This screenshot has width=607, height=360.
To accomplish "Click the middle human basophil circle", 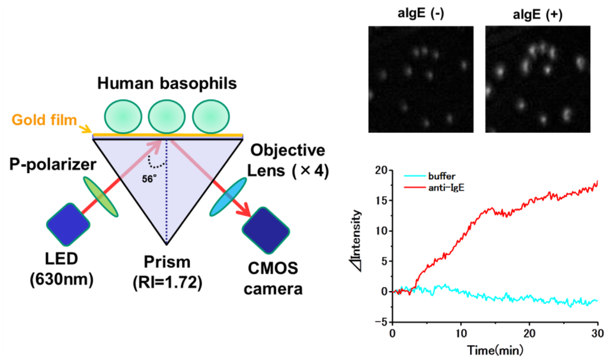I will [x=167, y=116].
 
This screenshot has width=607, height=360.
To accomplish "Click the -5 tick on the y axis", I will [x=381, y=321].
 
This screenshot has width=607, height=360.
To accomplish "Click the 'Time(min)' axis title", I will [x=495, y=349].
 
